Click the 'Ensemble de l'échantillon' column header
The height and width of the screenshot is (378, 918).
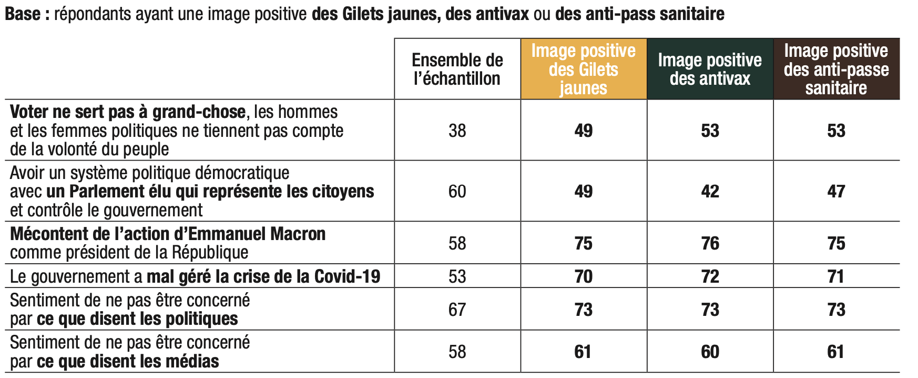[x=457, y=69]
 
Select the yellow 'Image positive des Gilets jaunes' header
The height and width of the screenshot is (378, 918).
[x=584, y=69]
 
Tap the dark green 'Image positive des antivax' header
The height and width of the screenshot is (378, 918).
[x=710, y=69]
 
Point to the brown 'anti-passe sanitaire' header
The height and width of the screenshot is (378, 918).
[x=837, y=69]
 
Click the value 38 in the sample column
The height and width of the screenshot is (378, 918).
[x=457, y=131]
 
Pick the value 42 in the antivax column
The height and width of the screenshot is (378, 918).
[x=710, y=191]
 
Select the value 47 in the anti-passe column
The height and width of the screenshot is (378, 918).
[x=837, y=191]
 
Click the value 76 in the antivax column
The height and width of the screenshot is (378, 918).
[x=710, y=243]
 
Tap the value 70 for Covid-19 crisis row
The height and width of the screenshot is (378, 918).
[x=584, y=276]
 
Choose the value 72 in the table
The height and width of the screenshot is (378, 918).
[x=710, y=276]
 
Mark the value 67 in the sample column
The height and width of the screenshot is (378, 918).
[x=457, y=310]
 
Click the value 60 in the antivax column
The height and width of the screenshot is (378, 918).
[x=710, y=352]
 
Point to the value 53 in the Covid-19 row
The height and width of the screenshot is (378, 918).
[x=457, y=276]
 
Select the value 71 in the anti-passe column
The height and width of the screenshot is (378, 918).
[x=837, y=276]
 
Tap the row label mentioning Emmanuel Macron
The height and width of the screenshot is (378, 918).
[x=168, y=243]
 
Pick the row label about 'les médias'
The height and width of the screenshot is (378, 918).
[x=130, y=352]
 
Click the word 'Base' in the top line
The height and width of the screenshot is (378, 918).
[x=23, y=14]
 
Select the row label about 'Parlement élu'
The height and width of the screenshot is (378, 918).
[x=192, y=191]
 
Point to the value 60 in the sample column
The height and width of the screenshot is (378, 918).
[x=457, y=191]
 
